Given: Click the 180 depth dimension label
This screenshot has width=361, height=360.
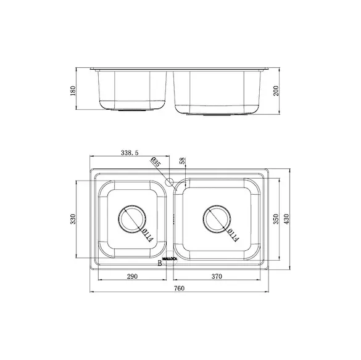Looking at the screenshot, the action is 73,91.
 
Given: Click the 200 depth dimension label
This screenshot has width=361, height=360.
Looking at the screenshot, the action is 276,91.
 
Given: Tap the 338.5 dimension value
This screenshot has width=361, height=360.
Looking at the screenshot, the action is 130,153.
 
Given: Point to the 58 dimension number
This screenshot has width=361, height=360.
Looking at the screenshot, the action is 182,160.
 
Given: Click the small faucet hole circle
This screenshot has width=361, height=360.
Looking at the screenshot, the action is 169,182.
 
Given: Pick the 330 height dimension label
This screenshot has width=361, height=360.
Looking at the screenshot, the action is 73,219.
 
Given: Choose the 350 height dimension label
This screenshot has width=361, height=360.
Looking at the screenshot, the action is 276,219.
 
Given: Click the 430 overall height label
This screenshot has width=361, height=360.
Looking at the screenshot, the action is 286,219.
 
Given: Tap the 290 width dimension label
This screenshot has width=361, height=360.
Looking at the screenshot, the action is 132,276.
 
